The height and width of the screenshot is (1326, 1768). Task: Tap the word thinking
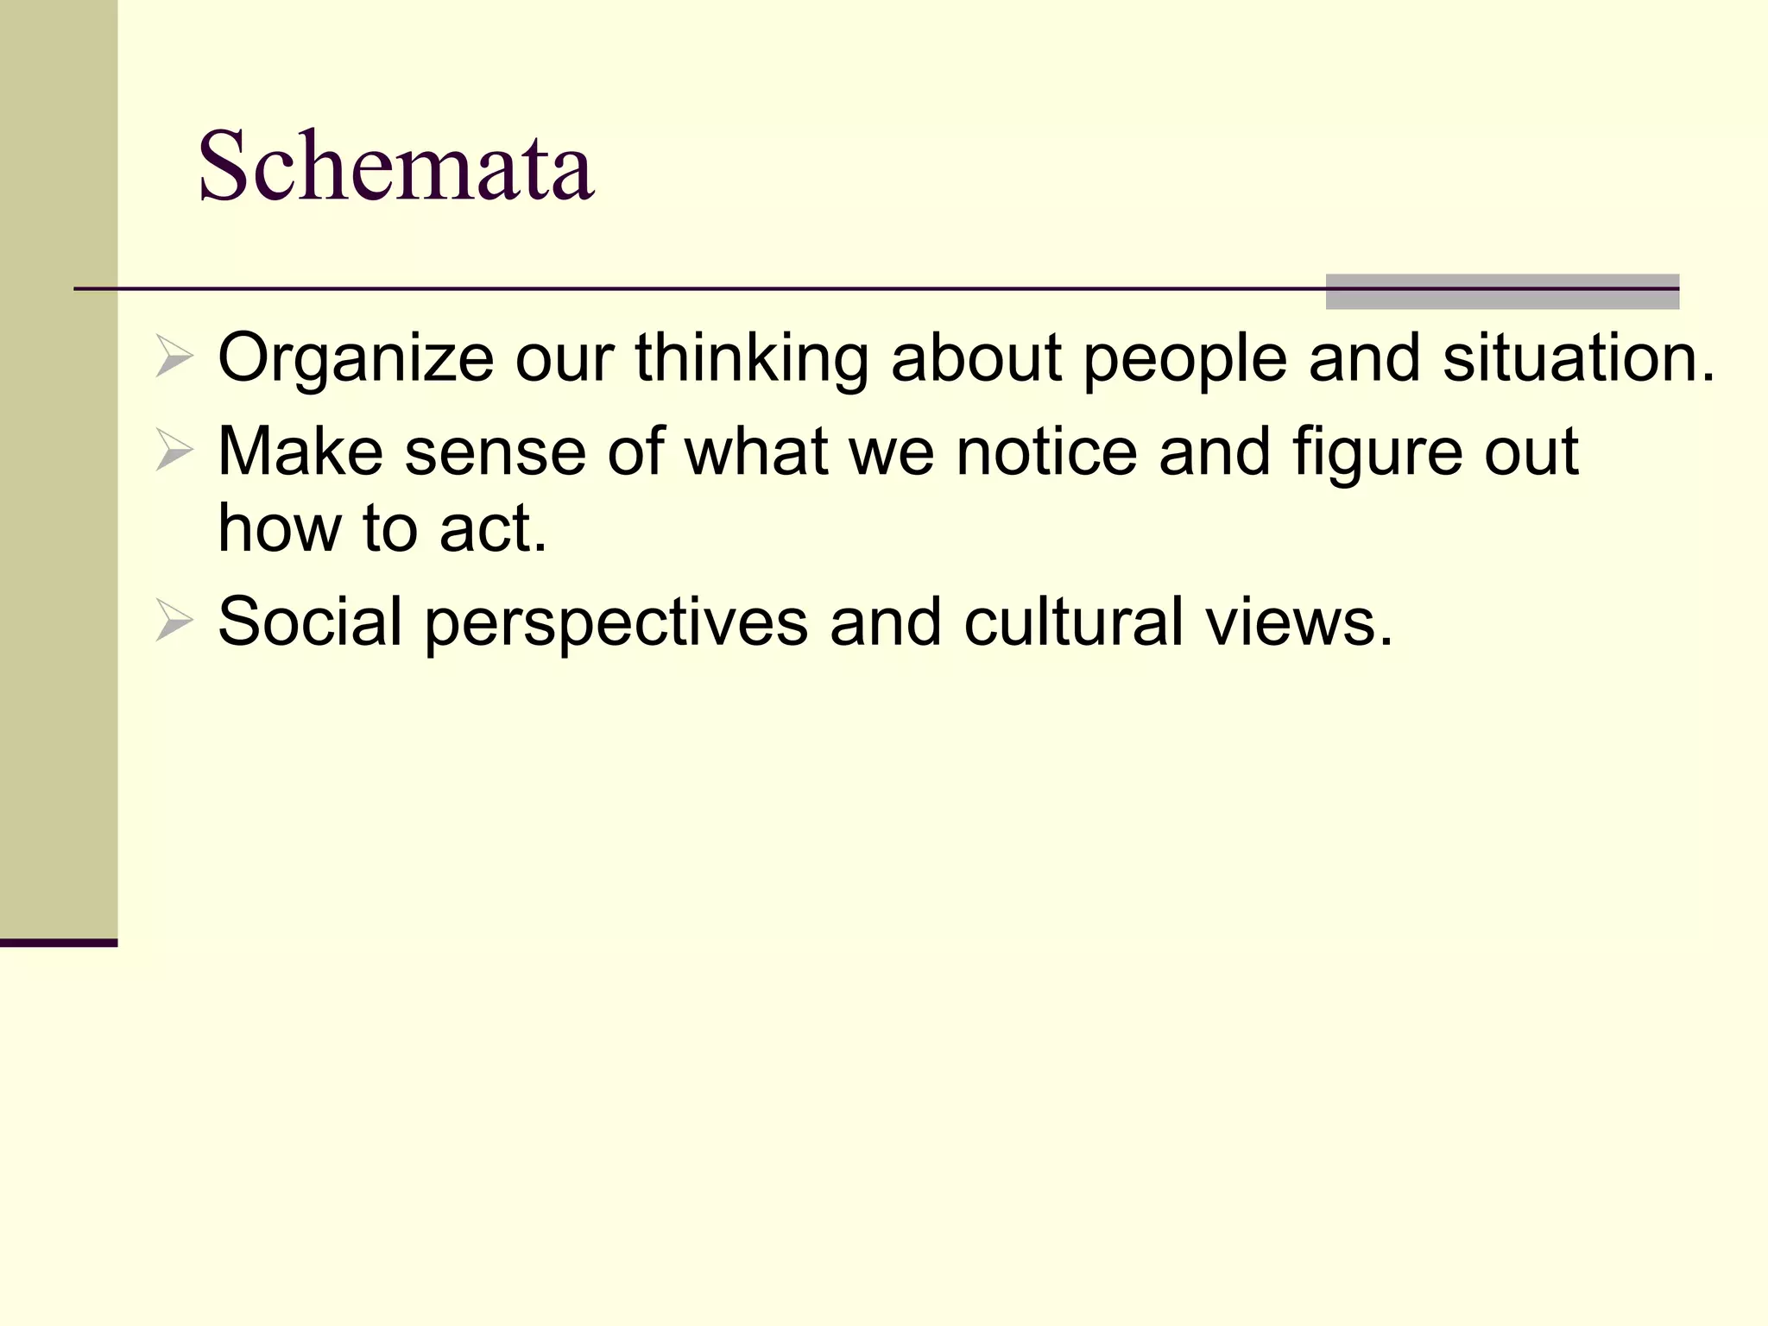[x=752, y=358]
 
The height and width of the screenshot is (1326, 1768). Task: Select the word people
[x=1184, y=358]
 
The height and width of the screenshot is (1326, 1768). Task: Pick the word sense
[x=495, y=452]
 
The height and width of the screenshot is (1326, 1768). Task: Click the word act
[x=493, y=528]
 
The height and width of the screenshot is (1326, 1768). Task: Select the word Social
[x=310, y=621]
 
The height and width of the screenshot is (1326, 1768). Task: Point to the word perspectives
[x=616, y=622]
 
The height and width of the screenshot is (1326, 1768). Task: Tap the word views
[x=1299, y=621]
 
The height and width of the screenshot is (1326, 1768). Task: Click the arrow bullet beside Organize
[x=174, y=357]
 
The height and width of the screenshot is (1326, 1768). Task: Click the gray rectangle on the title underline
[x=1502, y=292]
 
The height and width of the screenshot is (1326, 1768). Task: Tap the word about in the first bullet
[x=976, y=358]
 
